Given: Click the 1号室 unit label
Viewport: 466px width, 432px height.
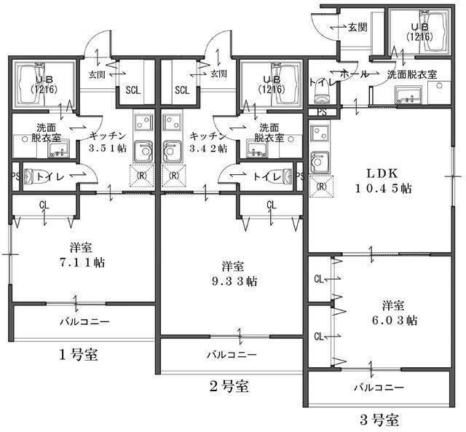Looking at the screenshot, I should click(x=78, y=356).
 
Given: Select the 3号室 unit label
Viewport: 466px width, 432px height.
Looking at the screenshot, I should click(x=379, y=420).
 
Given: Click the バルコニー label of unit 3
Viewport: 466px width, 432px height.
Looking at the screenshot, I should click(x=379, y=388).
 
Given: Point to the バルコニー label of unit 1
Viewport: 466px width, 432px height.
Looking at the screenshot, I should click(x=84, y=321).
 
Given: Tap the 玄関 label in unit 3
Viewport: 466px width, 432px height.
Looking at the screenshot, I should click(x=357, y=28).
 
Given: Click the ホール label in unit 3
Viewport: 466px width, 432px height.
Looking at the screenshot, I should click(x=355, y=74).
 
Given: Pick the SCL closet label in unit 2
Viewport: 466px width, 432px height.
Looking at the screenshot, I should click(x=182, y=90).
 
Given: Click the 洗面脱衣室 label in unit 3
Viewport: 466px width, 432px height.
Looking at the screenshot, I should click(x=411, y=74).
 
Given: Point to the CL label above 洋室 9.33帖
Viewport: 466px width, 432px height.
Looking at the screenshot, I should click(x=271, y=205).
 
